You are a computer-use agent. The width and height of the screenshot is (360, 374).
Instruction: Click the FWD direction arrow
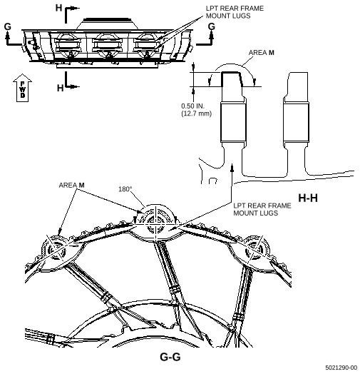click(22, 88)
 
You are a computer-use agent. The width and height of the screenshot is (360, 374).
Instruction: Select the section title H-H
click(308, 198)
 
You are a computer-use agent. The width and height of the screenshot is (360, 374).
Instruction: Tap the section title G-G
click(170, 357)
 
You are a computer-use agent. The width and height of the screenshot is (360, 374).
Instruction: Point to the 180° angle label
click(125, 189)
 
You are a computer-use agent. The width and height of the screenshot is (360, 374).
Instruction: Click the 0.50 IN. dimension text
click(193, 106)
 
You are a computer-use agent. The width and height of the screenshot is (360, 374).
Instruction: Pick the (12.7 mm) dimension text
click(196, 113)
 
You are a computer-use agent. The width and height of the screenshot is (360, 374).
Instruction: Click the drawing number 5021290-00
click(341, 368)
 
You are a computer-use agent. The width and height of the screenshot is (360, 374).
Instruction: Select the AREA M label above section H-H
click(262, 53)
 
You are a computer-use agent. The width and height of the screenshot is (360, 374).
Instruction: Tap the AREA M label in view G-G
click(72, 185)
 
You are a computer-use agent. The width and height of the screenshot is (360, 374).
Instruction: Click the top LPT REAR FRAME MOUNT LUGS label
click(235, 12)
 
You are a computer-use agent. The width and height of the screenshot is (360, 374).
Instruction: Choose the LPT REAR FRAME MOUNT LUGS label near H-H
click(262, 209)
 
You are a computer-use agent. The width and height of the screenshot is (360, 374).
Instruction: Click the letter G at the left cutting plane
click(8, 26)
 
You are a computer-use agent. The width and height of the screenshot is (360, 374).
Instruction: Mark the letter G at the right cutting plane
click(212, 26)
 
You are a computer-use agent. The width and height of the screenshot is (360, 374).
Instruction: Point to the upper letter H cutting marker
click(59, 8)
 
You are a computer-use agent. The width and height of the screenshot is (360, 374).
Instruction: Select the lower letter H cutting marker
click(61, 88)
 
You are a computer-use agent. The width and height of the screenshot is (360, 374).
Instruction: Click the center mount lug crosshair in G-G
click(156, 223)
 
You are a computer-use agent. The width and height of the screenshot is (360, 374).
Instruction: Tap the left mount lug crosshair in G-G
click(56, 250)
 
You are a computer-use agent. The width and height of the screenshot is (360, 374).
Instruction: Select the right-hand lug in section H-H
click(296, 124)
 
